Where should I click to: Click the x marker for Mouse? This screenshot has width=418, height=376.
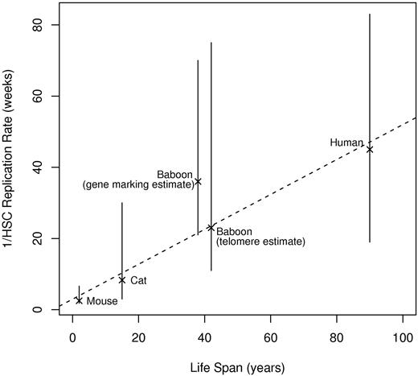[x=79, y=300]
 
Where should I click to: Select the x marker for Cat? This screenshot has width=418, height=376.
[x=122, y=280]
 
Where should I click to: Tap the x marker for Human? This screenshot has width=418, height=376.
[x=370, y=149]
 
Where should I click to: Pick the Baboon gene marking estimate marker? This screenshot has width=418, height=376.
[x=198, y=181]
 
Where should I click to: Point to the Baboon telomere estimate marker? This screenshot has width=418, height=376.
[x=211, y=228]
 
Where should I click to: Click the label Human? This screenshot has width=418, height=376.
[x=346, y=143]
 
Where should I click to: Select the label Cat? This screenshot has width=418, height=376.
[x=138, y=281]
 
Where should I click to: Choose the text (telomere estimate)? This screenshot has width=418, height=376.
[x=254, y=241]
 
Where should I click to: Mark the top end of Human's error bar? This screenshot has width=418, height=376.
[x=370, y=14]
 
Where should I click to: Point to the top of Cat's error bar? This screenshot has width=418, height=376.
[x=122, y=203]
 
